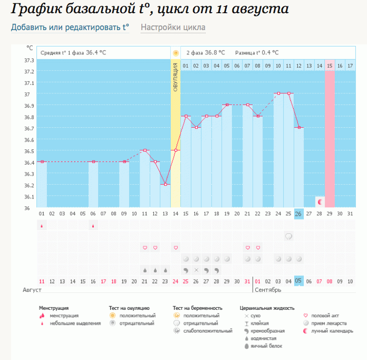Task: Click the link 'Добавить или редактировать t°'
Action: pos(70,27)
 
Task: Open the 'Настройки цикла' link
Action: pos(173,27)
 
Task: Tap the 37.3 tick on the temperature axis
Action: pos(29,60)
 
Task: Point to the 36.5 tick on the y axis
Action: pos(29,151)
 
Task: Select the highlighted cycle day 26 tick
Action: pos(298,214)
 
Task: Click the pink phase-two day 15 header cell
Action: pos(330,65)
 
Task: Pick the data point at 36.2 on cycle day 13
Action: pos(165,184)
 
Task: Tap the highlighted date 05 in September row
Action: pos(298,281)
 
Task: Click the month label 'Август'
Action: pos(32,290)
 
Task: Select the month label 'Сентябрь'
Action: pos(268,290)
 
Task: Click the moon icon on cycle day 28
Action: pos(320,202)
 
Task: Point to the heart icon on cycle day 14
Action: pos(176,248)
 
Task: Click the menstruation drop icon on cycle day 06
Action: pos(93,226)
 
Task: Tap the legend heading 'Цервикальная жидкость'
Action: pos(267,308)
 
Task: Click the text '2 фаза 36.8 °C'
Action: pos(206,53)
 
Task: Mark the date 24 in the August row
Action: pos(175,281)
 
